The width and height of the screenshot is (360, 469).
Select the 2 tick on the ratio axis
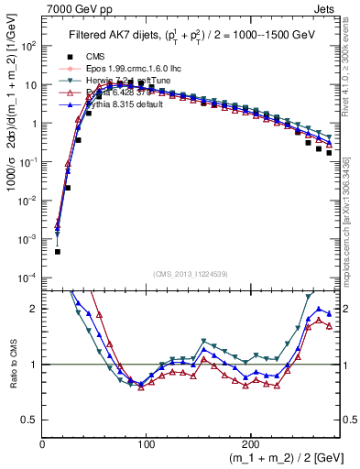(x=36, y=309)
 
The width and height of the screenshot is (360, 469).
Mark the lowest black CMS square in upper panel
(x=57, y=251)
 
